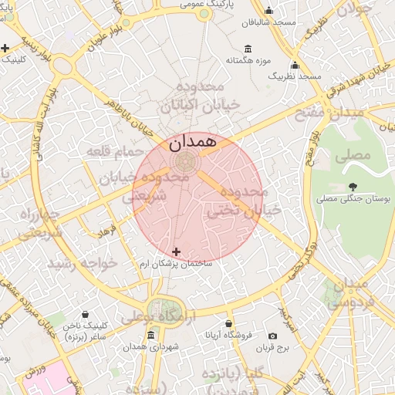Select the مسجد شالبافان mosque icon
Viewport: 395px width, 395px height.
[x=268, y=11]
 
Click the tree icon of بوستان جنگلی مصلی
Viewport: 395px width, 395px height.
[x=353, y=186]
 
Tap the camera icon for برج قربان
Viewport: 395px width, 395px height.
[x=272, y=336]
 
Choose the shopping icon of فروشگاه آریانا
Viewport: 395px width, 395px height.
[x=228, y=323]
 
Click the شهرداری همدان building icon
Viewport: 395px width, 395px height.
[x=150, y=336]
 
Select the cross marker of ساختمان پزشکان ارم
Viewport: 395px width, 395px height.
[x=177, y=252]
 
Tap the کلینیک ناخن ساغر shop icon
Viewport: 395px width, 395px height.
[x=84, y=314]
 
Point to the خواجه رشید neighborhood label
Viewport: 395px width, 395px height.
[x=83, y=263]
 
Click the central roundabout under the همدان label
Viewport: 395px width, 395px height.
[x=185, y=162]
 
